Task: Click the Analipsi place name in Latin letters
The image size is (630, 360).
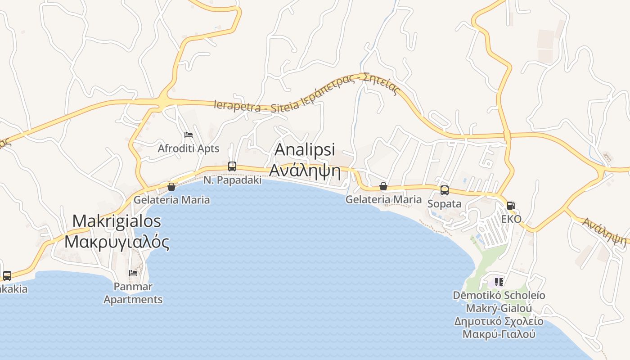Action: [x=305, y=150]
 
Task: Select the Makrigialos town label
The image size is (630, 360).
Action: [x=117, y=221]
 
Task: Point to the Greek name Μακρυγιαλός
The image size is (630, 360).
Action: [x=117, y=242]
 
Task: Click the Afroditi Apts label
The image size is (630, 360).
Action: [x=188, y=148]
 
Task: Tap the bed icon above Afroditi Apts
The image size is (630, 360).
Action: [x=189, y=135]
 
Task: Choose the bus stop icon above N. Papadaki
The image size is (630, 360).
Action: [x=232, y=166]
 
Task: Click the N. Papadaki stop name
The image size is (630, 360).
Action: [x=232, y=180]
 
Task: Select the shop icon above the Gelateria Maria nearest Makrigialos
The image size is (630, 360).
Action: [x=171, y=186]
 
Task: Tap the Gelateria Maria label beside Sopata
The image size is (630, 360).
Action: [x=383, y=199]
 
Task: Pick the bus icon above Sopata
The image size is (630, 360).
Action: [x=445, y=190]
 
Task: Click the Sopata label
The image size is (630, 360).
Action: [x=444, y=204]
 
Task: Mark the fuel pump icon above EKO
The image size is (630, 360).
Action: [x=511, y=206]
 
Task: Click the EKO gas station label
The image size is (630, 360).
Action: [x=511, y=219]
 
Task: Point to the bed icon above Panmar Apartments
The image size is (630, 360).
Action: [x=133, y=273]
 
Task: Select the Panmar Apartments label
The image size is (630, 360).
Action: [x=133, y=293]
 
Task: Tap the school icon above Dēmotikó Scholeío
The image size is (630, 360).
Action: [x=499, y=282]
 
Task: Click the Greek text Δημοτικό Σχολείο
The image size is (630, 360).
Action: [x=499, y=321]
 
